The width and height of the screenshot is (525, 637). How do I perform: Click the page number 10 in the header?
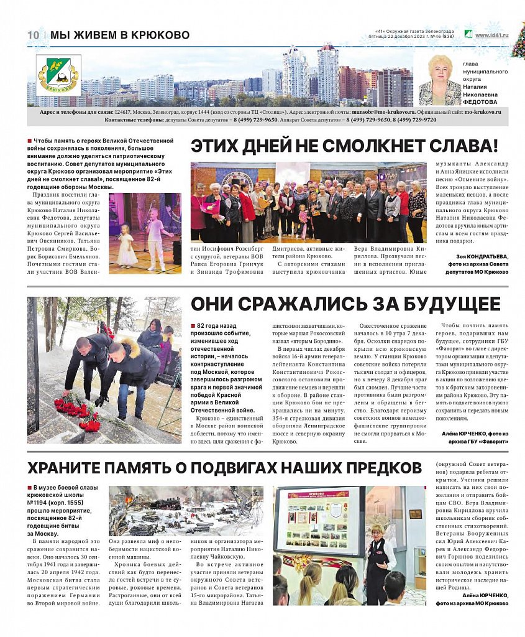(x=34, y=35)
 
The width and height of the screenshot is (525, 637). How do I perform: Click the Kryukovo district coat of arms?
(x=58, y=75)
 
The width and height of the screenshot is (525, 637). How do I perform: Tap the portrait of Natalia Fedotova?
(x=439, y=80)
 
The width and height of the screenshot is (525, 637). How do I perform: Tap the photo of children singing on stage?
(x=145, y=233)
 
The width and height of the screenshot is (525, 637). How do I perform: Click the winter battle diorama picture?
(x=186, y=511)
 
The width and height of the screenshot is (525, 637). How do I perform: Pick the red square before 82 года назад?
(x=193, y=326)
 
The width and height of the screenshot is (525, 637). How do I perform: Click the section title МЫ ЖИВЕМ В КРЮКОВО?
(x=120, y=35)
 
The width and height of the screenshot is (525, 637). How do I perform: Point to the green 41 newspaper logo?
(x=468, y=35)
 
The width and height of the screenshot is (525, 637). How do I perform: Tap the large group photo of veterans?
(x=308, y=203)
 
